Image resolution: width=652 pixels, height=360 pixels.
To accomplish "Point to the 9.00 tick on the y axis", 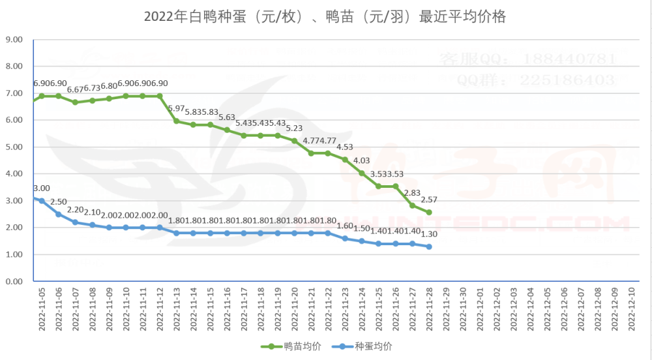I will click(x=14, y=40).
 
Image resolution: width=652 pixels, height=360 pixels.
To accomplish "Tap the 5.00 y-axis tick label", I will click(x=14, y=147).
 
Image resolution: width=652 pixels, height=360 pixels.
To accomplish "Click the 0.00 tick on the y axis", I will click(x=14, y=282).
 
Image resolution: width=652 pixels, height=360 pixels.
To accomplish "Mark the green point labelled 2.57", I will click(x=429, y=213).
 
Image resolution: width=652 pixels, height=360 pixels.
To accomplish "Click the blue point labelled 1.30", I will click(x=429, y=247).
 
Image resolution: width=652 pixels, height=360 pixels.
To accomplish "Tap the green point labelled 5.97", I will click(x=177, y=121).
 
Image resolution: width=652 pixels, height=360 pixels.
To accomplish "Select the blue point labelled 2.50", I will click(x=59, y=215).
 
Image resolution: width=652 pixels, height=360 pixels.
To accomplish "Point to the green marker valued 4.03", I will click(x=362, y=173).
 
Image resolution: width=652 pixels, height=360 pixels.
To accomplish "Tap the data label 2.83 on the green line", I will click(x=412, y=193).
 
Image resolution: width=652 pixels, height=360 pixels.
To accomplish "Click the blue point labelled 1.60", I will click(x=345, y=239).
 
